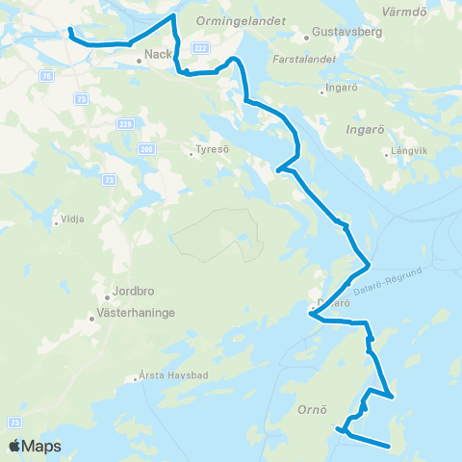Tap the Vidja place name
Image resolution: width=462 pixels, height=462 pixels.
coord(72,218)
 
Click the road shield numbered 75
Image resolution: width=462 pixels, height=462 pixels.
coord(47,73)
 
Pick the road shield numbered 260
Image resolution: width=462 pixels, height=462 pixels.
coord(145,149)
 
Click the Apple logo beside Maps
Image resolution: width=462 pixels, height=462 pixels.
coord(14,446)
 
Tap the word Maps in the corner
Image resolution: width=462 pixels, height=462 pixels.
coord(42,447)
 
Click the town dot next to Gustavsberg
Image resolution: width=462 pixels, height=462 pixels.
coord(306,38)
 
